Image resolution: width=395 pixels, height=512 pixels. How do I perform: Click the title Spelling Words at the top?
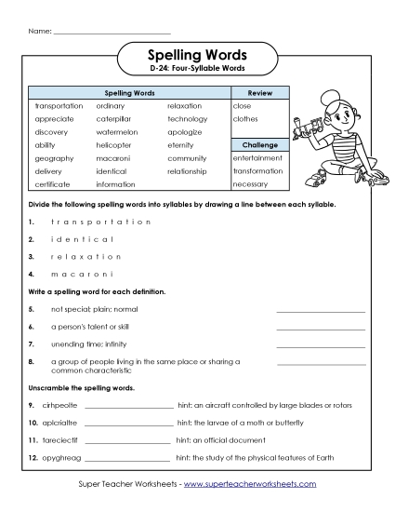point(197,55)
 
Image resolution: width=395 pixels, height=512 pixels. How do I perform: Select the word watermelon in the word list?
point(115,132)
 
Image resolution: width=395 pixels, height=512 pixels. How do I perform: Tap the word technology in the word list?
point(188,119)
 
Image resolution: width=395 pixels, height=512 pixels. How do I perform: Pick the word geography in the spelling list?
point(54,158)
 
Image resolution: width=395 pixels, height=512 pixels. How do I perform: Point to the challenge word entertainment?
point(257,158)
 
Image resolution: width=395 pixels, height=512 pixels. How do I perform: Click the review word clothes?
point(245,119)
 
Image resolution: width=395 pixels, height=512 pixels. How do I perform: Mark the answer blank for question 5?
point(321,309)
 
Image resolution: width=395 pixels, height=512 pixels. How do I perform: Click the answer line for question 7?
point(321,344)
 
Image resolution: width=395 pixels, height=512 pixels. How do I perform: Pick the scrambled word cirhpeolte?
point(58,406)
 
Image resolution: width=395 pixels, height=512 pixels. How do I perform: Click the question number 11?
point(33,440)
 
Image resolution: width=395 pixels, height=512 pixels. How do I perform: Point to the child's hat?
point(332,97)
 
